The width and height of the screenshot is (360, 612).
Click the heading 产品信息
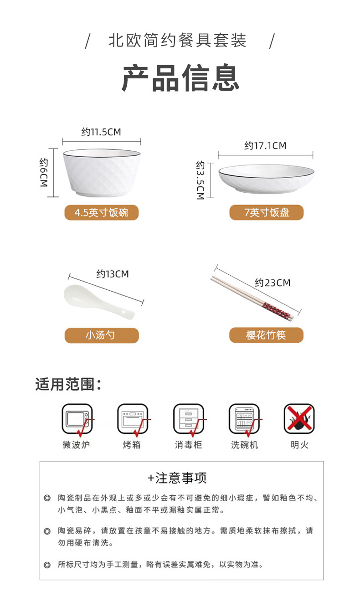pyautogui.click(x=180, y=78)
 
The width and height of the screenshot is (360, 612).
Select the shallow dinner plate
pyautogui.click(x=266, y=178)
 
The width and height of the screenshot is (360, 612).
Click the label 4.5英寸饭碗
pyautogui.click(x=101, y=213)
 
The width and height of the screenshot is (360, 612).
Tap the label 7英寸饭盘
pyautogui.click(x=266, y=212)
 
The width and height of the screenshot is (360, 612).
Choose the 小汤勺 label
pyautogui.click(x=101, y=335)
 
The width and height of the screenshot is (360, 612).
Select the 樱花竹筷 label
pyautogui.click(x=266, y=335)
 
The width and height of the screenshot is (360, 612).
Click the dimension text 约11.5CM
pyautogui.click(x=101, y=132)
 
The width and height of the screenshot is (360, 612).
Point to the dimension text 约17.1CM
pyautogui.click(x=265, y=146)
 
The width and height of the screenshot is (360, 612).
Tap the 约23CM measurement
pyautogui.click(x=273, y=283)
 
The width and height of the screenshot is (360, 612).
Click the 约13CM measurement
pyautogui.click(x=112, y=274)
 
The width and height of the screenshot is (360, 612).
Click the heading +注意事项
pyautogui.click(x=177, y=478)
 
